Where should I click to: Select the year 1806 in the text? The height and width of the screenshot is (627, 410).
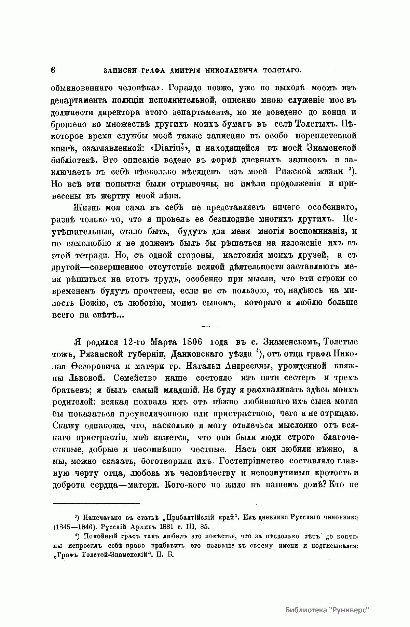coord(188,342)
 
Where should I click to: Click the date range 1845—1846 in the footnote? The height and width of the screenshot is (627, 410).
coord(71,527)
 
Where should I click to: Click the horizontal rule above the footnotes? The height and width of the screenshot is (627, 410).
coord(96,503)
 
